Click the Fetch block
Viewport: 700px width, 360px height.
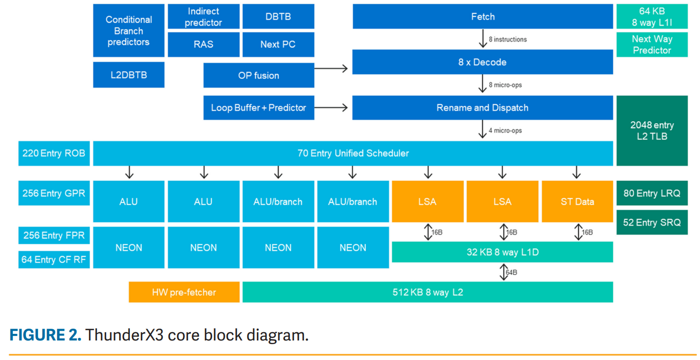coord(482,17)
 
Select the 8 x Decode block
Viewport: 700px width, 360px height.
coord(482,62)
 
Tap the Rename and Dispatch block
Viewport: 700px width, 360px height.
coord(482,108)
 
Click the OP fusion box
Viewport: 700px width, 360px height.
coord(258,75)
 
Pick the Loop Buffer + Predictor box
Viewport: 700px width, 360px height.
coord(258,108)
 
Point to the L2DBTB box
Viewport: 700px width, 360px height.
coord(128,75)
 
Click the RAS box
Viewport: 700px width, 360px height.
coord(203,44)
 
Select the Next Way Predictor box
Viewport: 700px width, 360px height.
coord(652,45)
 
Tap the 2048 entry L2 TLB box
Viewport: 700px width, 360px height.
coord(652,131)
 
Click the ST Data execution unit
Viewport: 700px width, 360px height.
coord(577,201)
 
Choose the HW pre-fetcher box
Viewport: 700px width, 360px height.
coord(184,292)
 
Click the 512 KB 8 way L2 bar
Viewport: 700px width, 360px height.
coord(427,292)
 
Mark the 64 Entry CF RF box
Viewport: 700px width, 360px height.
coord(54,259)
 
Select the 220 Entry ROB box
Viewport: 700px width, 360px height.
coord(54,153)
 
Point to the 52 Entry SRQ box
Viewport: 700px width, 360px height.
coord(652,222)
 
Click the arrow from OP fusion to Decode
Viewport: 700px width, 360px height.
coord(331,68)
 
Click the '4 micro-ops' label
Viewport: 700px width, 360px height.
coord(505,130)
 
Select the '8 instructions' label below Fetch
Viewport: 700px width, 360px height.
coord(507,39)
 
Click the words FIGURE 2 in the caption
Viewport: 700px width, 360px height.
coord(45,335)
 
